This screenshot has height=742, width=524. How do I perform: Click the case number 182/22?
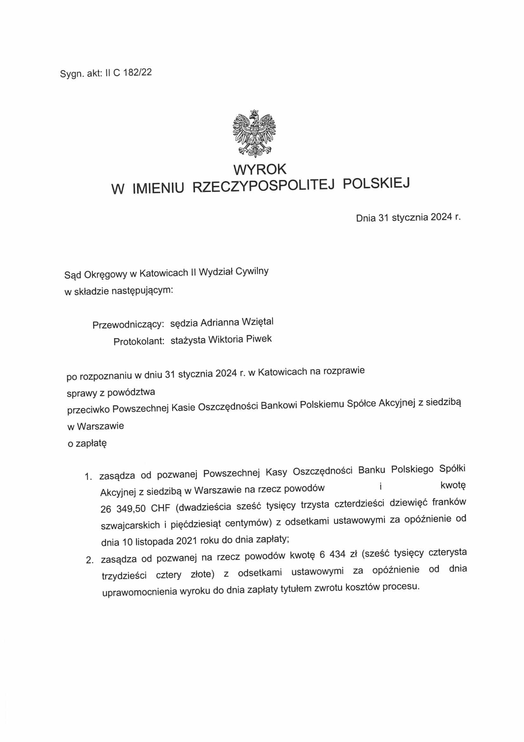pos(137,72)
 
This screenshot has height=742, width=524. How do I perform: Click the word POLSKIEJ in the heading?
pos(376,183)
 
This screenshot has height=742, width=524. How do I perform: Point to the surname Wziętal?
pos(257,321)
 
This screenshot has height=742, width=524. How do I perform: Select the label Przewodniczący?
pos(128,324)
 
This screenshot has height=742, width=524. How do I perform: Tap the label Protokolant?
pos(139,341)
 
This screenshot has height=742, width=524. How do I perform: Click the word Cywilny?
pos(252,271)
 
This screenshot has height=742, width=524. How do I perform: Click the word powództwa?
pos(131,392)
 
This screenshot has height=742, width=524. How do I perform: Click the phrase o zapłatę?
pos(87,443)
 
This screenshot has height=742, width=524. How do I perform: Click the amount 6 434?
pos(332,554)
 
